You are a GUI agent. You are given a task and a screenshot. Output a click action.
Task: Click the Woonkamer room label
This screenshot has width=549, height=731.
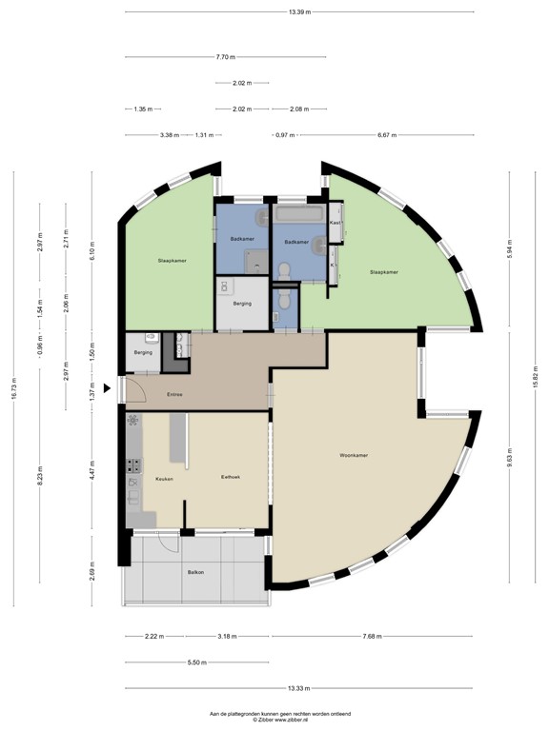pos(354,455)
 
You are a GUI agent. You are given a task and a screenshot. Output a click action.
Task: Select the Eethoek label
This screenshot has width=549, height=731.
pos(231,479)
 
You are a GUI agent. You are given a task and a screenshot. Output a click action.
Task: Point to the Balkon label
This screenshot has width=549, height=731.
pos(195,572)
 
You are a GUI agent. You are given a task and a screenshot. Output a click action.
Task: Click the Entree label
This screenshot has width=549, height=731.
pos(174,395)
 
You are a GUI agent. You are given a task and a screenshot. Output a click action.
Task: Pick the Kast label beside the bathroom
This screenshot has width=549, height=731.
pos(335,223)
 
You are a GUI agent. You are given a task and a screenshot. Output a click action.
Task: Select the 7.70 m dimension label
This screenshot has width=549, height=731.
pos(227,57)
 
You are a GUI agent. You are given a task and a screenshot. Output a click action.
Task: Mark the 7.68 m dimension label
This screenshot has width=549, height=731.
pos(374,636)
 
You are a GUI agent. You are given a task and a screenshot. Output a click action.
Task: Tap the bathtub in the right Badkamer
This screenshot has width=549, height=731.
pos(300,215)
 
